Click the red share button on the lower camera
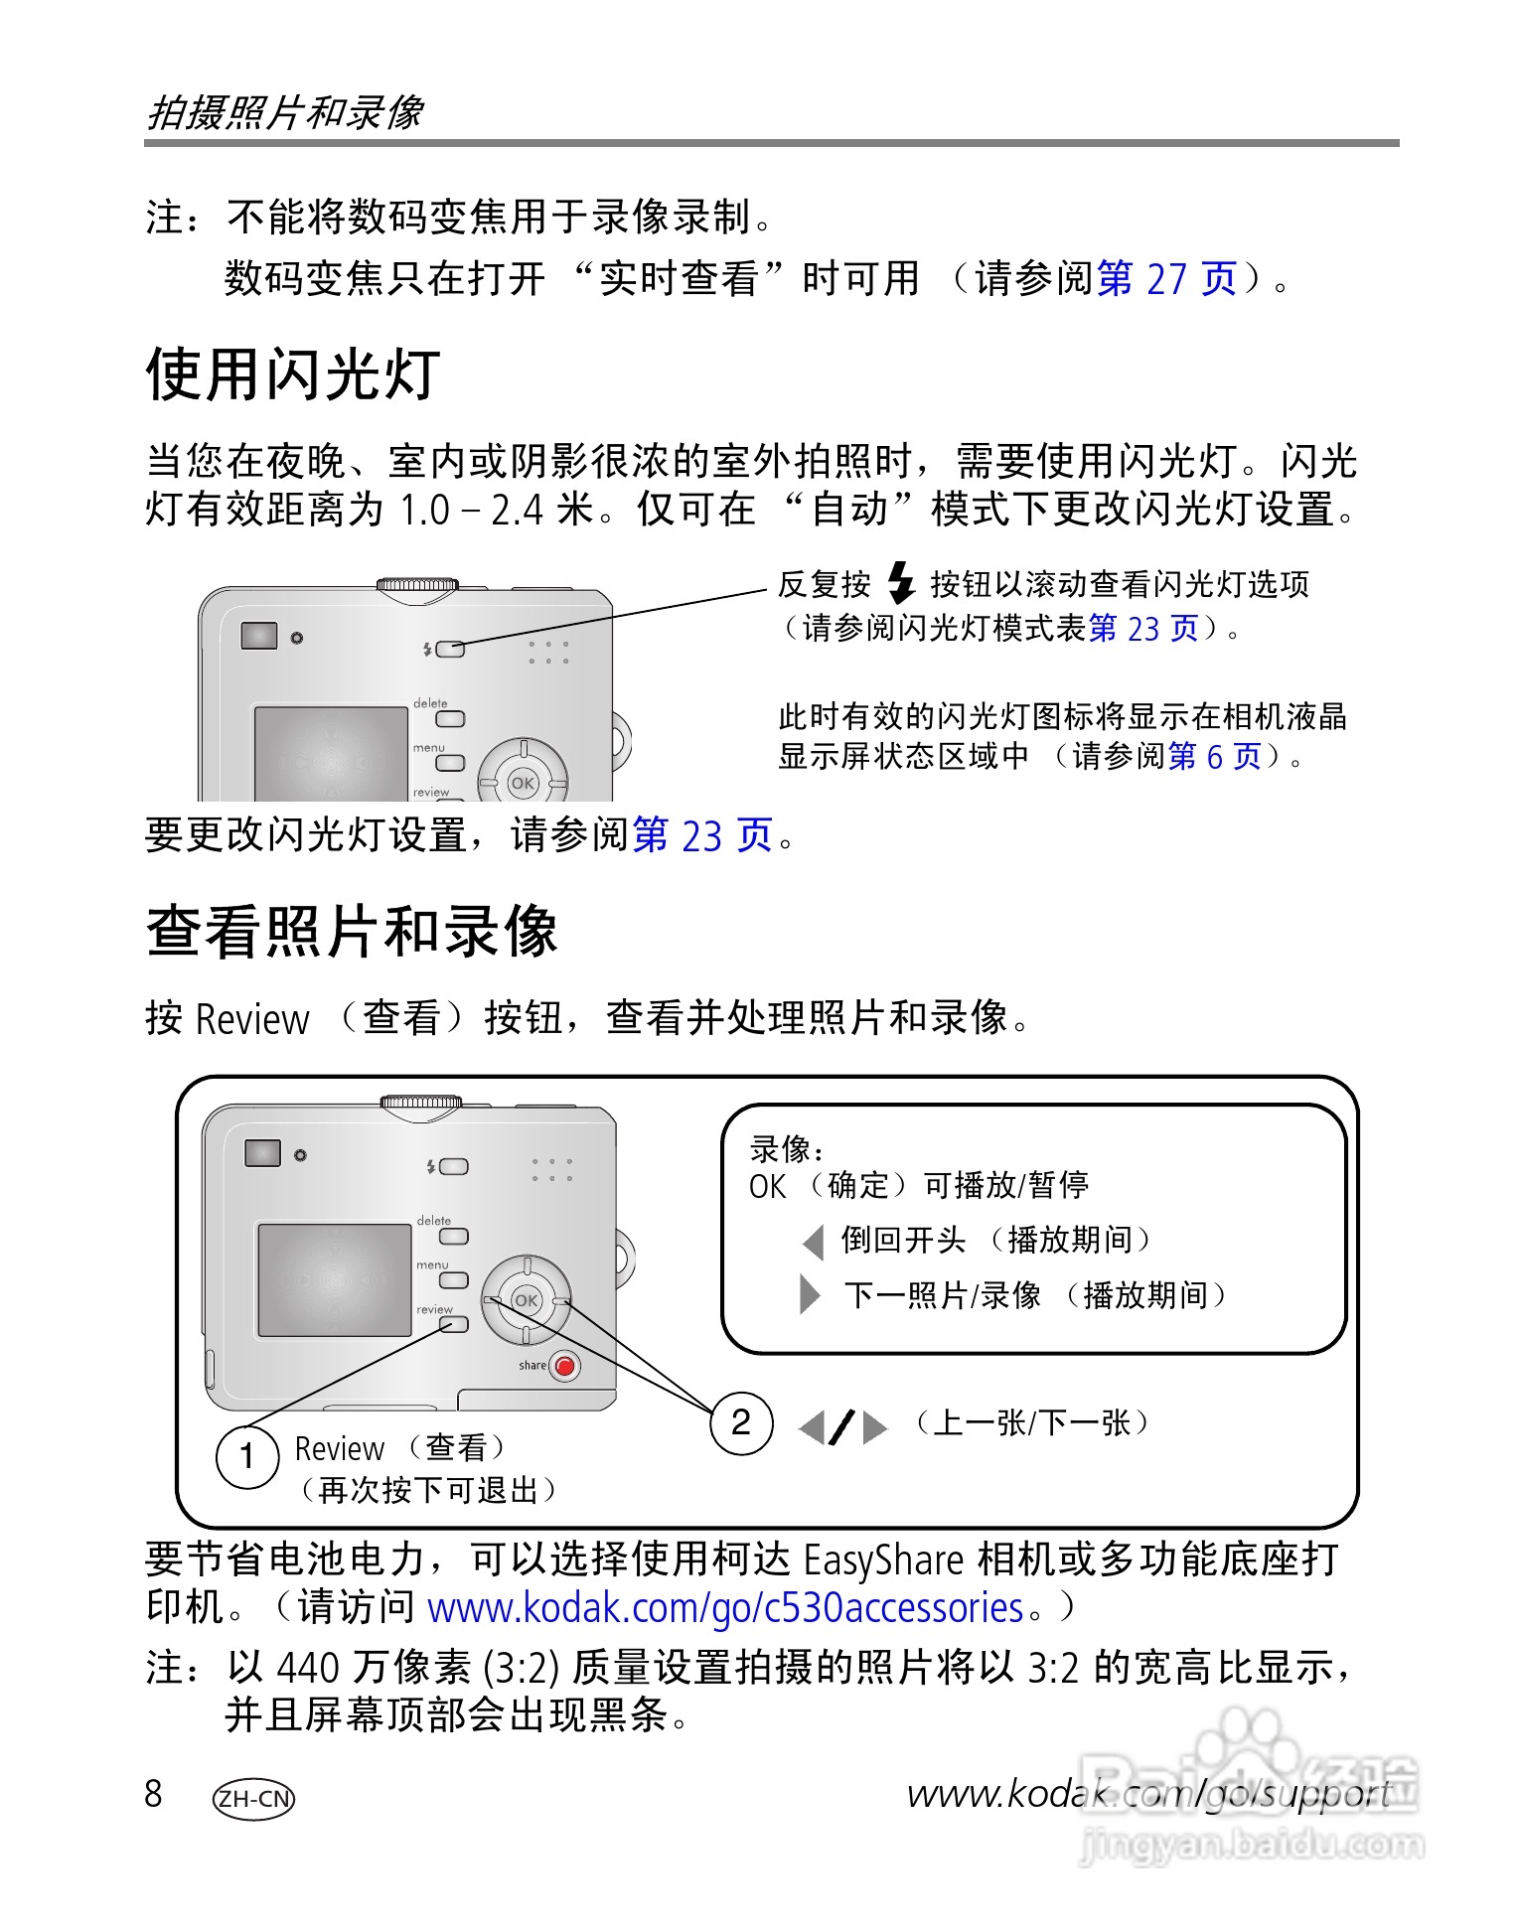pos(565,1366)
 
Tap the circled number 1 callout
pos(247,1456)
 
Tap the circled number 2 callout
pos(741,1422)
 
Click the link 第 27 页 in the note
pos(1166,279)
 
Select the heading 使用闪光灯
pos(293,374)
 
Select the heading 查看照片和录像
pos(352,932)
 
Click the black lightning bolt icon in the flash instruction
pos(900,583)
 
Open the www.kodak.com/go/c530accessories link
pos(724,1606)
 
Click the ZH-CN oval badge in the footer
pos(254,1798)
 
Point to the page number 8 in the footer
pos(153,1794)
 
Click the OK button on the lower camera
pos(527,1300)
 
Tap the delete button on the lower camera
pos(454,1237)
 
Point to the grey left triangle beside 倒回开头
pos(814,1241)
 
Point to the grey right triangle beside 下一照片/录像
pos(810,1294)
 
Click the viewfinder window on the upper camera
pos(259,636)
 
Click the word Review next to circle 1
pos(339,1449)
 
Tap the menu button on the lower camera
pos(454,1280)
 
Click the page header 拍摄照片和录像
pos(286,112)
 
